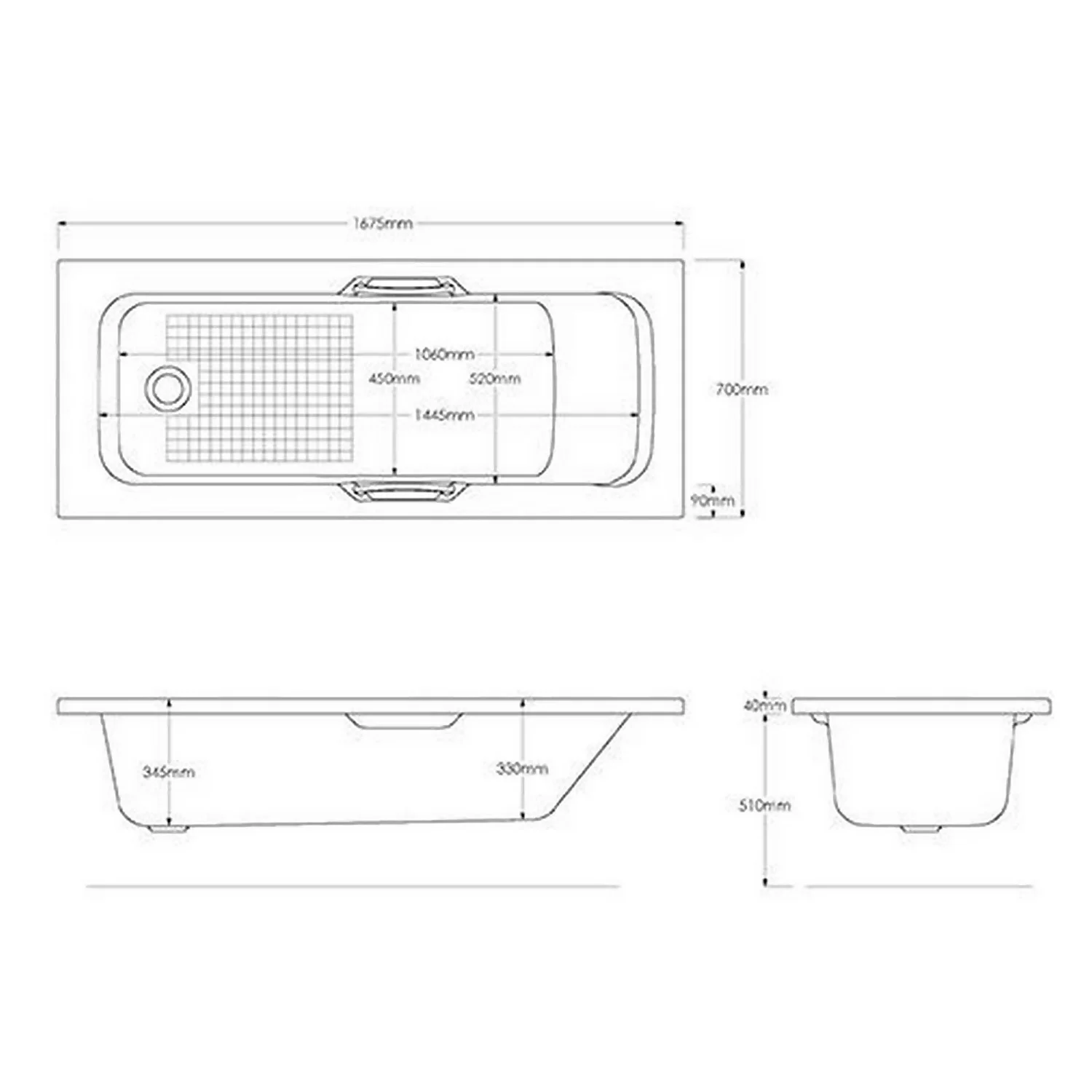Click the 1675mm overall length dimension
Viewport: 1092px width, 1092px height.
coord(383,223)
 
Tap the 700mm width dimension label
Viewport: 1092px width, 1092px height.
coord(742,389)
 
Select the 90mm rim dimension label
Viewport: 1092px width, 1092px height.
coord(711,501)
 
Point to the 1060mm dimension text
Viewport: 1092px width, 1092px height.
coord(444,355)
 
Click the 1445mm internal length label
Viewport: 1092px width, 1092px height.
coord(444,415)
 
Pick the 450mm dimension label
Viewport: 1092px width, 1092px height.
coord(394,379)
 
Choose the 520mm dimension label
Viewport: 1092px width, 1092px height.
coord(495,379)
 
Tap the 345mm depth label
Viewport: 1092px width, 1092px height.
coord(169,772)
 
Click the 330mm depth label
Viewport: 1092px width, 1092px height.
coord(522,768)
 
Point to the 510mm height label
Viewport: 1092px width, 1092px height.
coord(764,805)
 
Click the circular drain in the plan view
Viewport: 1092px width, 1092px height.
coord(169,387)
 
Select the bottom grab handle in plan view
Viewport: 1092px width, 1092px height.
coord(402,493)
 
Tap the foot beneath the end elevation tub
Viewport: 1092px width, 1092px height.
coord(921,828)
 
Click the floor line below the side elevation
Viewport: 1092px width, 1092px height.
coord(353,886)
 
